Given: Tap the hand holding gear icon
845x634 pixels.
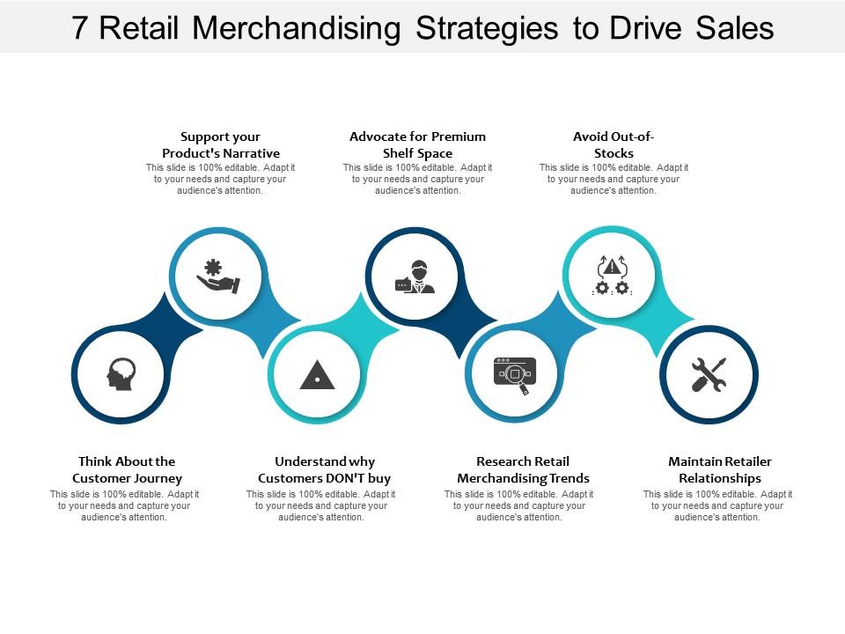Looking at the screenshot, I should tap(217, 276).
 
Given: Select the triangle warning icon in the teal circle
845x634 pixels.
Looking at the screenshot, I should tap(317, 375).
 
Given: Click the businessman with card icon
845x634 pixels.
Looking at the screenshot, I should tap(414, 276).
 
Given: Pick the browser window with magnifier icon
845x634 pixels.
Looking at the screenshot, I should tap(513, 375).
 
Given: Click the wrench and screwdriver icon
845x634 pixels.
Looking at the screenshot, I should tap(709, 375).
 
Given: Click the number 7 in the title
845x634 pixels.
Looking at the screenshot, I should tap(80, 28).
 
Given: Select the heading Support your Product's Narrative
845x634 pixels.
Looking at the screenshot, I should tap(221, 145).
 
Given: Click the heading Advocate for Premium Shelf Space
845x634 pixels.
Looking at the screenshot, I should tap(418, 145).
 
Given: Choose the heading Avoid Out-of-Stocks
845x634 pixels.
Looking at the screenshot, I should tap(614, 145).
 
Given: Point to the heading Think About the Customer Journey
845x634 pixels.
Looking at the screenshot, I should tap(127, 469).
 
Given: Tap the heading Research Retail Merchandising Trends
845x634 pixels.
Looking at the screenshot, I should tap(523, 469).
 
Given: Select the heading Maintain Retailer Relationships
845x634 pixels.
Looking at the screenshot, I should tap(720, 469).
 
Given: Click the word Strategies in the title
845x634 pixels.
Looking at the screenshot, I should tap(487, 28).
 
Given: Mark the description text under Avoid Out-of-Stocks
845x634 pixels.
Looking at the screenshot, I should tap(614, 179).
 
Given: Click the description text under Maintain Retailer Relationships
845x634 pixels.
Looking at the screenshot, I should tap(717, 506).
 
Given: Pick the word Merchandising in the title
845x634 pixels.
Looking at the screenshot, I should tap(296, 28).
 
